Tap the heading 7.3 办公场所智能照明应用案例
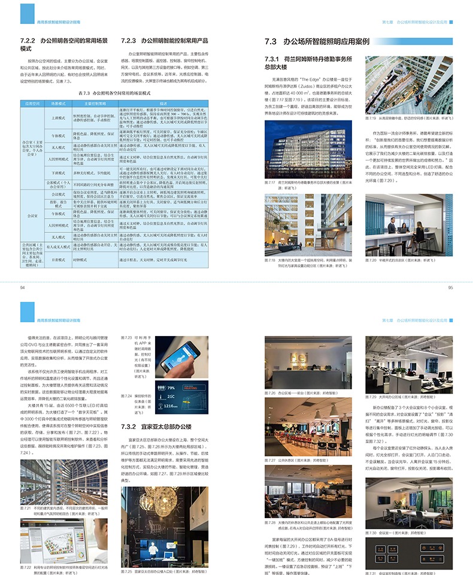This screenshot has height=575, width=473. pyautogui.click(x=317, y=42)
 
